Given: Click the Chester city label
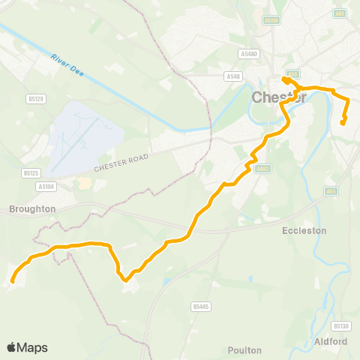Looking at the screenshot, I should (x=279, y=97).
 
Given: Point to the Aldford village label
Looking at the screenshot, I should (x=333, y=341).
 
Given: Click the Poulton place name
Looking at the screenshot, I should (x=244, y=349).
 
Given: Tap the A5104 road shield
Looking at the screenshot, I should (x=46, y=186).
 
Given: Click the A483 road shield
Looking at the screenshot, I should (x=262, y=169).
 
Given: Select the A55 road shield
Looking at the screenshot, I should (x=331, y=192).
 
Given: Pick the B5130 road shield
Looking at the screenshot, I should (x=341, y=325).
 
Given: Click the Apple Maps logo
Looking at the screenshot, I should (x=27, y=347).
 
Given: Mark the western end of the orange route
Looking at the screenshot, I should (x=13, y=282).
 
